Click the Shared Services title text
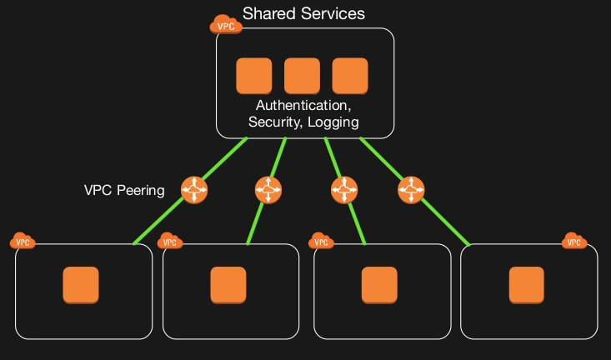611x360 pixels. click(x=303, y=14)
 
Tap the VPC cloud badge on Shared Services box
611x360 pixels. click(x=226, y=24)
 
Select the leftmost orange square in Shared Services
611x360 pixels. click(x=254, y=76)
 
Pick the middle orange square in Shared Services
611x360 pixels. click(x=302, y=76)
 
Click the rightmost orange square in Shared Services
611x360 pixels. click(x=350, y=76)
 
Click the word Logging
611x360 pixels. click(x=333, y=122)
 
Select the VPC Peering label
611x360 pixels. click(x=124, y=190)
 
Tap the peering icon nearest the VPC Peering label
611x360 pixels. click(x=194, y=190)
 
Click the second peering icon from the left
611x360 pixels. click(x=268, y=190)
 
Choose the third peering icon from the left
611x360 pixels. click(x=343, y=190)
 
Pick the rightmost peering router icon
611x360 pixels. click(x=411, y=190)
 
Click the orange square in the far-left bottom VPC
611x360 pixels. click(x=82, y=285)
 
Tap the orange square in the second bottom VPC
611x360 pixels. click(x=228, y=285)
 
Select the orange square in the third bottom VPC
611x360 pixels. click(x=379, y=285)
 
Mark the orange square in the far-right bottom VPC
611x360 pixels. click(x=526, y=285)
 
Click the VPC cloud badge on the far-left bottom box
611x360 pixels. click(x=23, y=242)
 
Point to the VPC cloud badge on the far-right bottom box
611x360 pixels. click(x=573, y=242)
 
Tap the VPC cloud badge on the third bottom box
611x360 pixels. click(x=321, y=242)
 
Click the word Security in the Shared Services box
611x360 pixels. click(x=273, y=122)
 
